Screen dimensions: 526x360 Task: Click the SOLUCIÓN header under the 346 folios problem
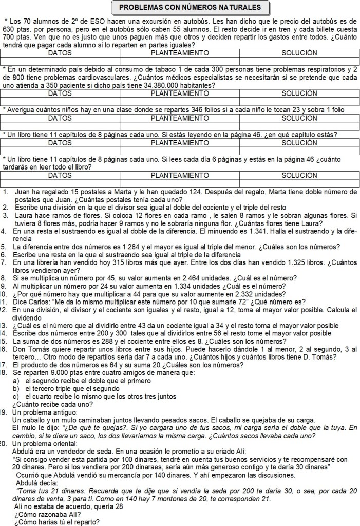(x=299, y=118)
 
